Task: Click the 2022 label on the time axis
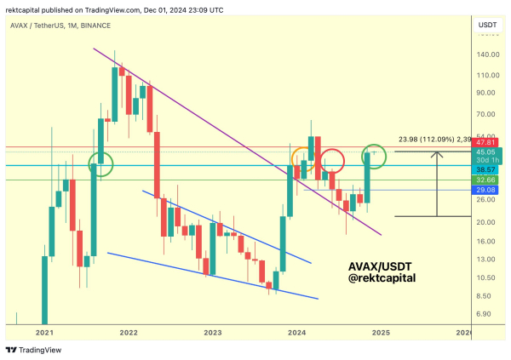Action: [129, 333]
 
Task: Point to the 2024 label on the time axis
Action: [296, 333]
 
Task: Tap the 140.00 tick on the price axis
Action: [488, 54]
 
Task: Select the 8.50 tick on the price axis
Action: [486, 296]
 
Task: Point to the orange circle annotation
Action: [302, 158]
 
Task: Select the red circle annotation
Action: [332, 159]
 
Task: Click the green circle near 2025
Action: [374, 155]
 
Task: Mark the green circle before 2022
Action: [102, 163]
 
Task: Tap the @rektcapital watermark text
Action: [387, 277]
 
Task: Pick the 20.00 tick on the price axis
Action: [487, 222]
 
